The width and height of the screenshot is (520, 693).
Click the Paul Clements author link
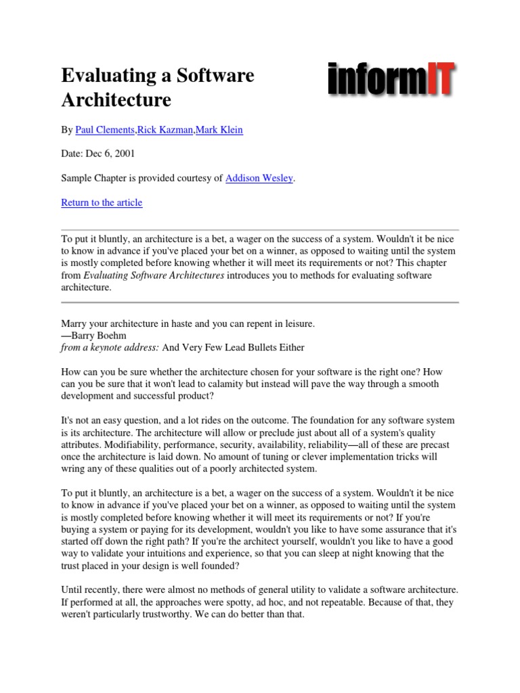tap(105, 130)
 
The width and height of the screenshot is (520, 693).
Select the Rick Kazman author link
tap(165, 130)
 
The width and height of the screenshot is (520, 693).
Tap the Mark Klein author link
tap(219, 130)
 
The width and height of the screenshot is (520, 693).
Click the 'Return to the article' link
tap(102, 202)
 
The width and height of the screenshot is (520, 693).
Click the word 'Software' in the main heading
tap(217, 76)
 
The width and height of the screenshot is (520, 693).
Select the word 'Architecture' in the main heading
tap(116, 100)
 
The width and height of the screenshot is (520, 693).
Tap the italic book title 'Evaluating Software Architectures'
tap(154, 275)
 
